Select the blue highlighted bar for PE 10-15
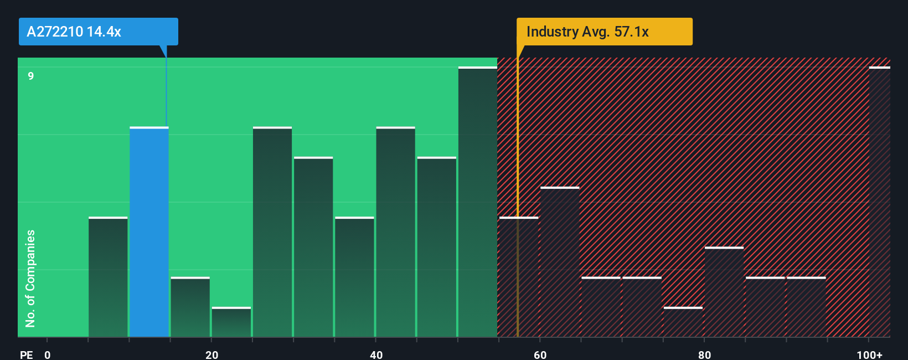[x=149, y=233]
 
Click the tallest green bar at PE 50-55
[x=477, y=202]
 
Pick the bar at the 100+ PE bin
[x=879, y=202]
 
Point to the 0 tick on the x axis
[x=48, y=354]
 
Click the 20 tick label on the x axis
[x=211, y=354]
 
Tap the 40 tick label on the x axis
[x=376, y=354]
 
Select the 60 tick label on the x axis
[x=540, y=354]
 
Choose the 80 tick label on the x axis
[x=704, y=354]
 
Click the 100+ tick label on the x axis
[x=869, y=354]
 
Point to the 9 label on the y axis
[x=31, y=76]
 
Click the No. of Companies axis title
[x=30, y=278]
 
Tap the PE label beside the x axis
[x=26, y=354]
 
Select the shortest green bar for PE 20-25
[x=231, y=322]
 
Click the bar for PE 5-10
[x=108, y=277]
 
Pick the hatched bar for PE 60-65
[x=560, y=262]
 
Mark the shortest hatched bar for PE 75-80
[x=683, y=322]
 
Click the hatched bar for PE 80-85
[x=724, y=292]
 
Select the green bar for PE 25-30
[x=272, y=233]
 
